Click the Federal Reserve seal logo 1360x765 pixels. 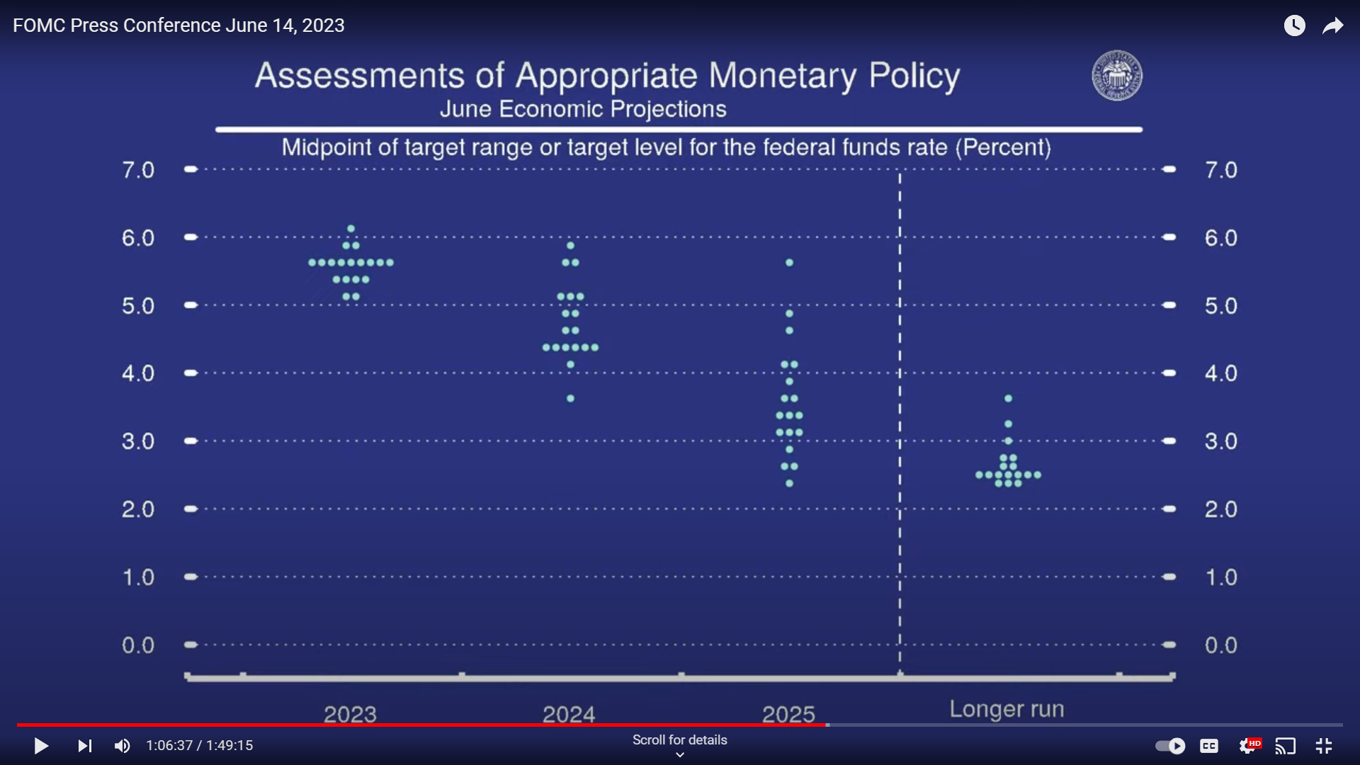coord(1116,75)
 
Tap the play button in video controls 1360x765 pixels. coord(41,746)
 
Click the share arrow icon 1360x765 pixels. coord(1333,26)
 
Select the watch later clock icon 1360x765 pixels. coord(1295,25)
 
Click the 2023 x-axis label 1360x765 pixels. coord(350,714)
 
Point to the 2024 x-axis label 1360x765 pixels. coord(569,714)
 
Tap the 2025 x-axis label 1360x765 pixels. coord(788,714)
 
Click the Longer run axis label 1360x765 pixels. coord(1007,709)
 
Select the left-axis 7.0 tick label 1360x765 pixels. coord(138,170)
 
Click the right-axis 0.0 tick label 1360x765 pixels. coord(1221,645)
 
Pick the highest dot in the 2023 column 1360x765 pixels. coord(351,229)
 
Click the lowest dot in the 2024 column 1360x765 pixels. coord(570,399)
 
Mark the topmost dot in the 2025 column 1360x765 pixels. coord(789,263)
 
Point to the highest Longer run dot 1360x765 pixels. coord(1008,399)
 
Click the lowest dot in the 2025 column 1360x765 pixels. coord(789,484)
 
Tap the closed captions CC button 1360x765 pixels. coord(1209,746)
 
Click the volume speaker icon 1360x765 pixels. coord(122,746)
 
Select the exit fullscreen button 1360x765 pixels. coord(1324,746)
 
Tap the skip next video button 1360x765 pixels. coord(85,746)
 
